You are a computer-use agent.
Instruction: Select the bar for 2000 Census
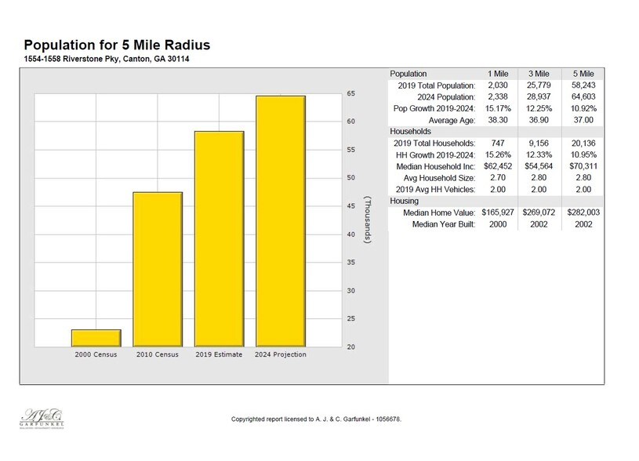pos(96,338)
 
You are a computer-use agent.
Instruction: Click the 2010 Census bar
pos(158,269)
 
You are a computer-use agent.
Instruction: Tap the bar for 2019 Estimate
pos(219,239)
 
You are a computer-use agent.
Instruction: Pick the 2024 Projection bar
pos(280,221)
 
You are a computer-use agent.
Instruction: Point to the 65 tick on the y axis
pos(350,93)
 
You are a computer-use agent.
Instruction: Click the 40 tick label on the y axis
pos(350,234)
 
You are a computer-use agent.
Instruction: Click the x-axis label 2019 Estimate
pos(219,354)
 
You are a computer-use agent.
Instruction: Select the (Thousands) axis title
pos(367,220)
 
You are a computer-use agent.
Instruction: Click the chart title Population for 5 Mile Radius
pos(117,45)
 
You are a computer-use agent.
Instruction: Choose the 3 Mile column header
pos(539,73)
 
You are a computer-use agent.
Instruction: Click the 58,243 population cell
pos(581,85)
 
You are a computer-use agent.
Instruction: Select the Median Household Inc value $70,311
pos(581,165)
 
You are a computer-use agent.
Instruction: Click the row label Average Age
pos(452,119)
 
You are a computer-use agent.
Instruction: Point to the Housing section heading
pos(405,201)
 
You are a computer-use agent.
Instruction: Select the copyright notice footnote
pos(317,419)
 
